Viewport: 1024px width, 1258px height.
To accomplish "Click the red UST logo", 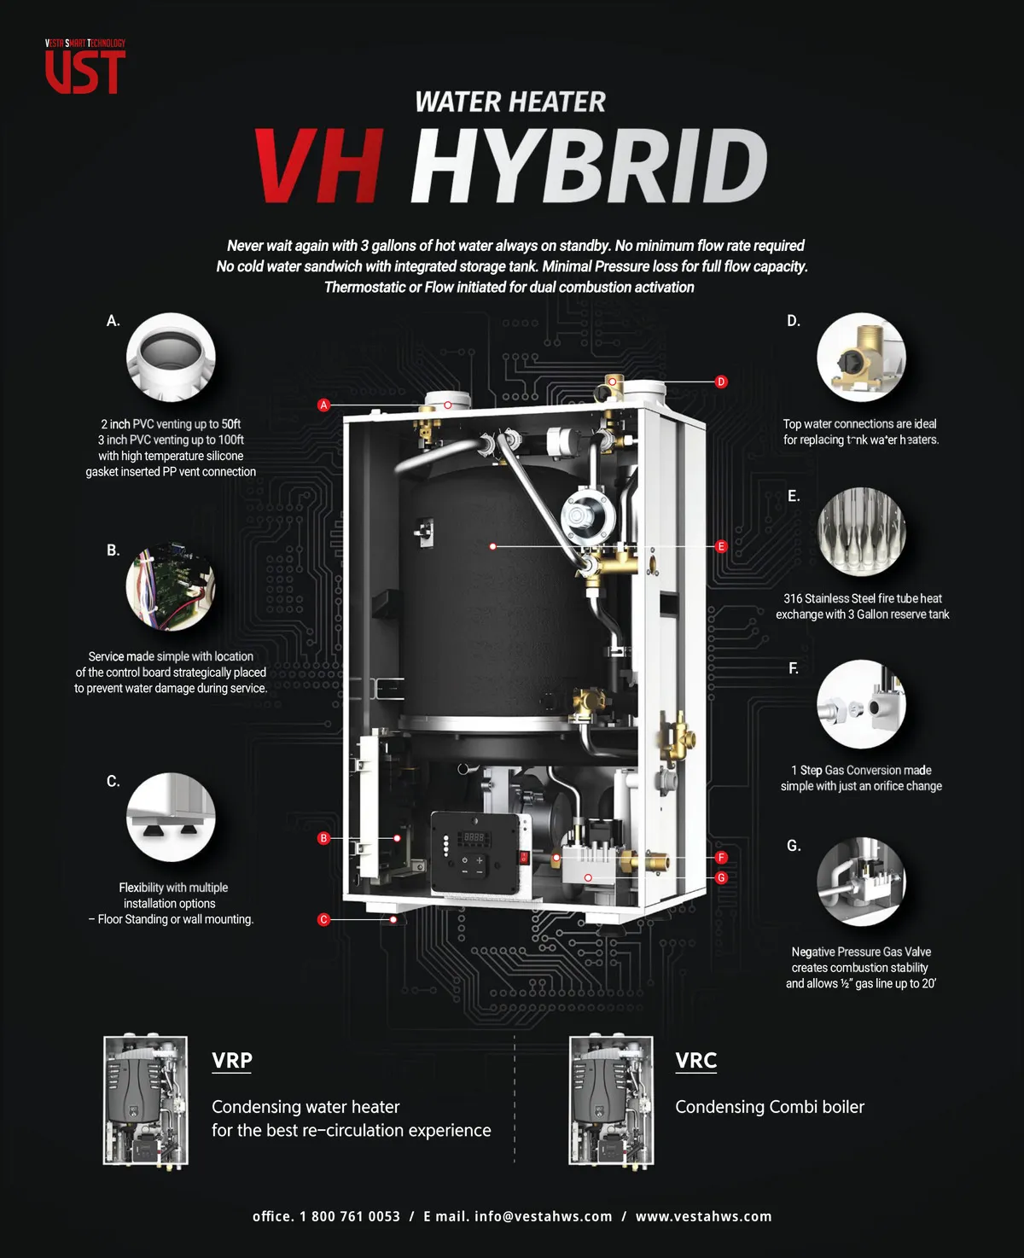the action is click(85, 67).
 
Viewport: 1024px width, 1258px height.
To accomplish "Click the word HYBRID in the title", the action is click(590, 166).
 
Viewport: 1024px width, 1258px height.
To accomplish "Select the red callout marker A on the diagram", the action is click(323, 405).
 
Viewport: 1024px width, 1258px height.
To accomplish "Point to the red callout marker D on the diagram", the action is click(721, 381).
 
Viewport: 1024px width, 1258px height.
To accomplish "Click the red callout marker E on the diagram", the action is click(721, 546).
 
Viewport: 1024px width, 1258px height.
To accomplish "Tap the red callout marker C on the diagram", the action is click(323, 919).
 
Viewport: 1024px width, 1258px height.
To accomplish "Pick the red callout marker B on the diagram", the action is click(323, 838).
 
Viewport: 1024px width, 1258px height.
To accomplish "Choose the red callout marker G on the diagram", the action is click(721, 877).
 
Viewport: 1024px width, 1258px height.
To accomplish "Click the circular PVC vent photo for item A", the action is click(171, 358).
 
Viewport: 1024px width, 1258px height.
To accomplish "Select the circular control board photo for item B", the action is click(171, 585).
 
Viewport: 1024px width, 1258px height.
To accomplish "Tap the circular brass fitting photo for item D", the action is click(861, 358).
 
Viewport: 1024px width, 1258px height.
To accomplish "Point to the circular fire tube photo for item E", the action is click(861, 532).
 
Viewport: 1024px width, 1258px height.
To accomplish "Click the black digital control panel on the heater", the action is click(474, 853).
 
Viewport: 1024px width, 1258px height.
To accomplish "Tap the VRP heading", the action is click(232, 1060).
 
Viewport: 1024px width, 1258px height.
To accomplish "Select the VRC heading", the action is click(696, 1060).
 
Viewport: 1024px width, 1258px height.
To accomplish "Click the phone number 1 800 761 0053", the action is click(350, 1217).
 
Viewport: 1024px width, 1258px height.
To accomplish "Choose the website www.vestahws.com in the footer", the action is click(703, 1217).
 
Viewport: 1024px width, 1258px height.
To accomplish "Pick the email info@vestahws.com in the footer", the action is click(544, 1217).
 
